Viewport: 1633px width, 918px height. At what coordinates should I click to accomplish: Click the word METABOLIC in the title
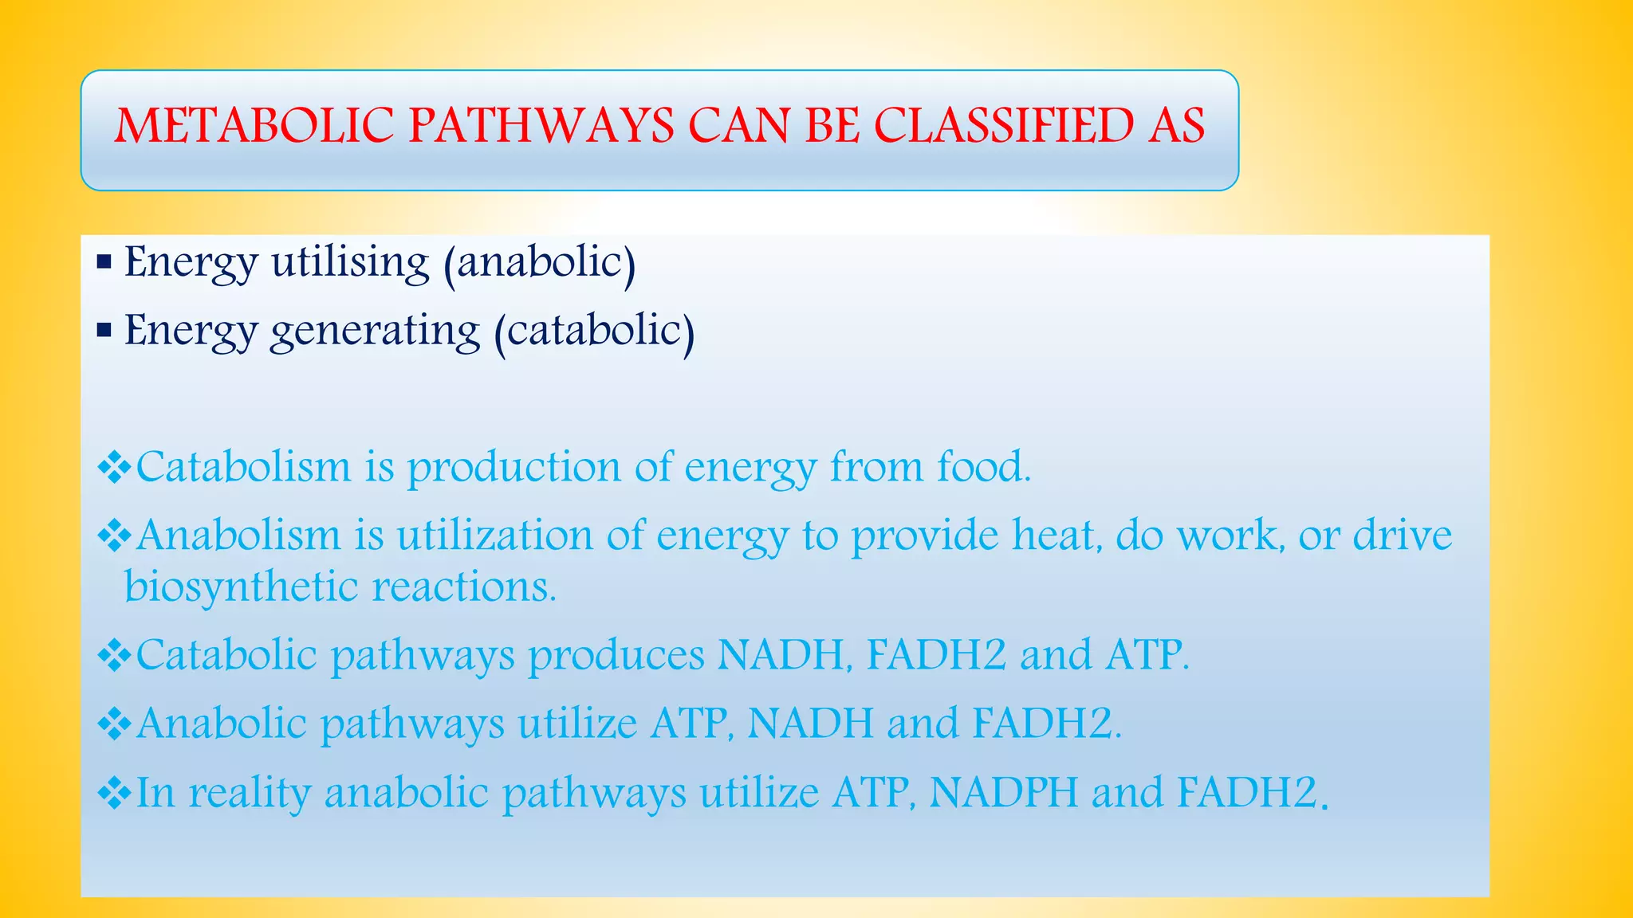tap(254, 126)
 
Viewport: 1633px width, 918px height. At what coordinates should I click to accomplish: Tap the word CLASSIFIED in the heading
tap(1003, 126)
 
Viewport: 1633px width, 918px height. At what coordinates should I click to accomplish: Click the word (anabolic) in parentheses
tap(540, 263)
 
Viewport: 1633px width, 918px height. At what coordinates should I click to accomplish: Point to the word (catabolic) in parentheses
tap(594, 331)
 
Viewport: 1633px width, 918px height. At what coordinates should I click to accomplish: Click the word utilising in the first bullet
tap(350, 263)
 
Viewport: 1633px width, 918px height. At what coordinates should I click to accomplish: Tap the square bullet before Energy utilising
tap(104, 262)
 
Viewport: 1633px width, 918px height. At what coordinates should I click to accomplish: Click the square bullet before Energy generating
tap(104, 329)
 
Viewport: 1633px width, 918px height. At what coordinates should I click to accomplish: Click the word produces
tap(616, 655)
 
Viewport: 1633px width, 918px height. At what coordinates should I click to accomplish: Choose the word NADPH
tap(1003, 792)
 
